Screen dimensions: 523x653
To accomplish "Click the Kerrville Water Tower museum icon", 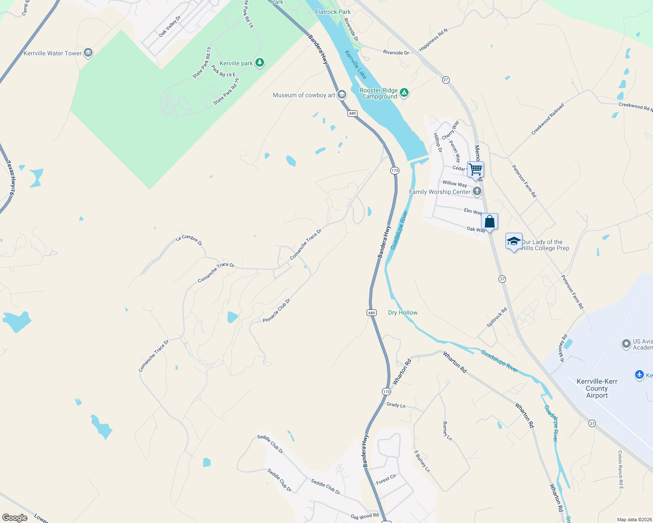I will pyautogui.click(x=88, y=53).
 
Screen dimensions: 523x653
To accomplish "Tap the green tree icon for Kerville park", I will pyautogui.click(x=260, y=63).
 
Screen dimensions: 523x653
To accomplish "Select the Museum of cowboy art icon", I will pyautogui.click(x=342, y=95).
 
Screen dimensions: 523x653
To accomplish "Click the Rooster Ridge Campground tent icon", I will pyautogui.click(x=404, y=92).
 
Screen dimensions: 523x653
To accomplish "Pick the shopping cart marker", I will pyautogui.click(x=475, y=170).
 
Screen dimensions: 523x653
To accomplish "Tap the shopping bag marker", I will pyautogui.click(x=489, y=222).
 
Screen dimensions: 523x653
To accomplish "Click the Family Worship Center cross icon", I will pyautogui.click(x=477, y=191).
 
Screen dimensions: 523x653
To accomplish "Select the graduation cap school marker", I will pyautogui.click(x=514, y=241).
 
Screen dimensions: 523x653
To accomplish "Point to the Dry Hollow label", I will pyautogui.click(x=402, y=312).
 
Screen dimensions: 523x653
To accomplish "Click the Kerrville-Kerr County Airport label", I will pyautogui.click(x=597, y=388).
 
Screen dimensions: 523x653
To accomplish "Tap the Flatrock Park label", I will pyautogui.click(x=333, y=12).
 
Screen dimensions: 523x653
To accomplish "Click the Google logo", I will pyautogui.click(x=15, y=517).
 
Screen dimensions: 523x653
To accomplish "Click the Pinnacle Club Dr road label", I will pyautogui.click(x=276, y=311).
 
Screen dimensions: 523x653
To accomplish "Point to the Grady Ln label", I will pyautogui.click(x=396, y=405).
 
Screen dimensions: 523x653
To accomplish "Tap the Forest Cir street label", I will pyautogui.click(x=386, y=479).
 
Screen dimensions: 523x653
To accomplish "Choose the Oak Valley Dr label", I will pyautogui.click(x=170, y=26).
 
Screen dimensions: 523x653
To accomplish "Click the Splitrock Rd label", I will pyautogui.click(x=497, y=317).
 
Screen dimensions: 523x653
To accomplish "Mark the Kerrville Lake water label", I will pyautogui.click(x=356, y=65).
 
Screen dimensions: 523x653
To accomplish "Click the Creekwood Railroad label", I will pyautogui.click(x=548, y=119).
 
